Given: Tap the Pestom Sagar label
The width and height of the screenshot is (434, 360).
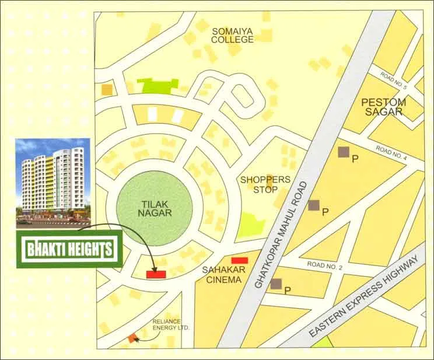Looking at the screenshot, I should [x=383, y=107].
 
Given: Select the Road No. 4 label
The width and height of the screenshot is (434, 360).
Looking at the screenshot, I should [x=391, y=153].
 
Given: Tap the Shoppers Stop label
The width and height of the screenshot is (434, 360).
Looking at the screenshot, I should [x=265, y=184].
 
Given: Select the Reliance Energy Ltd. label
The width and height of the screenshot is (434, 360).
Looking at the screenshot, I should [x=171, y=325].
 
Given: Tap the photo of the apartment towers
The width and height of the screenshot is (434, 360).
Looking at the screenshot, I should [x=52, y=181].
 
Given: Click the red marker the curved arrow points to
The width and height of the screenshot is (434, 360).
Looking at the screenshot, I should [x=156, y=273].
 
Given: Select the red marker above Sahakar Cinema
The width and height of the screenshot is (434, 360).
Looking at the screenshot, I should [x=239, y=260].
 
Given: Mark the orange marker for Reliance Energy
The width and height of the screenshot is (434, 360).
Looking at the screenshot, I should [x=133, y=337].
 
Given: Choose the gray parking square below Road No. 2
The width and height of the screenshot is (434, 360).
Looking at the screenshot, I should [x=276, y=284].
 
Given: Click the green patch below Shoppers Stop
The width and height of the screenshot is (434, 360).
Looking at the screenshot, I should [x=250, y=225].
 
